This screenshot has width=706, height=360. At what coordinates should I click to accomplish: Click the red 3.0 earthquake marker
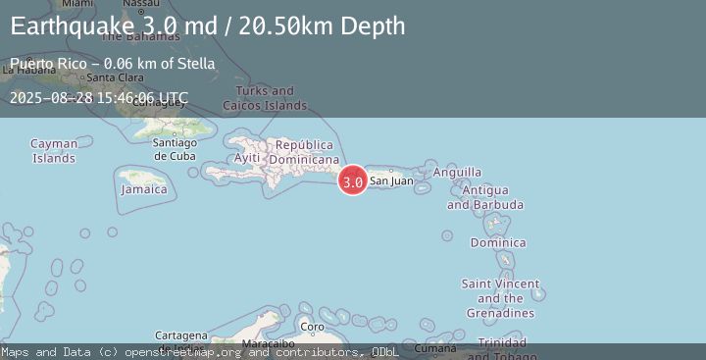(x=353, y=180)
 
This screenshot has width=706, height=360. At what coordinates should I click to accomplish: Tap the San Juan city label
(x=390, y=180)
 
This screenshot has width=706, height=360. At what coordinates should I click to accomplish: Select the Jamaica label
(x=144, y=189)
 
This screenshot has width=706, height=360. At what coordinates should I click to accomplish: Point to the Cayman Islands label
(x=54, y=151)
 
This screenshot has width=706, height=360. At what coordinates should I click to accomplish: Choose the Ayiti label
(x=248, y=159)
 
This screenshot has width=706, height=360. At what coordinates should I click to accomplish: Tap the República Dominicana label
(x=304, y=152)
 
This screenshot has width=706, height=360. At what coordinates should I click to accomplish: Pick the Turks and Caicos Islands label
(x=265, y=98)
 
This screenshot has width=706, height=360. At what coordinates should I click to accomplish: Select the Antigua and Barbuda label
(x=484, y=197)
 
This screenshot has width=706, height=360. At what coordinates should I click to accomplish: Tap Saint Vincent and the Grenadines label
(x=500, y=298)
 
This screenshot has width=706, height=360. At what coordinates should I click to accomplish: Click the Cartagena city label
(x=181, y=335)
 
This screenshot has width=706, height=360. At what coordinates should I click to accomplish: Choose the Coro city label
(x=311, y=327)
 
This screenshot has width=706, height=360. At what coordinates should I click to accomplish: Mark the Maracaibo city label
(x=268, y=344)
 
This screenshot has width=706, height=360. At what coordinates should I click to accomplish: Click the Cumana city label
(x=434, y=348)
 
